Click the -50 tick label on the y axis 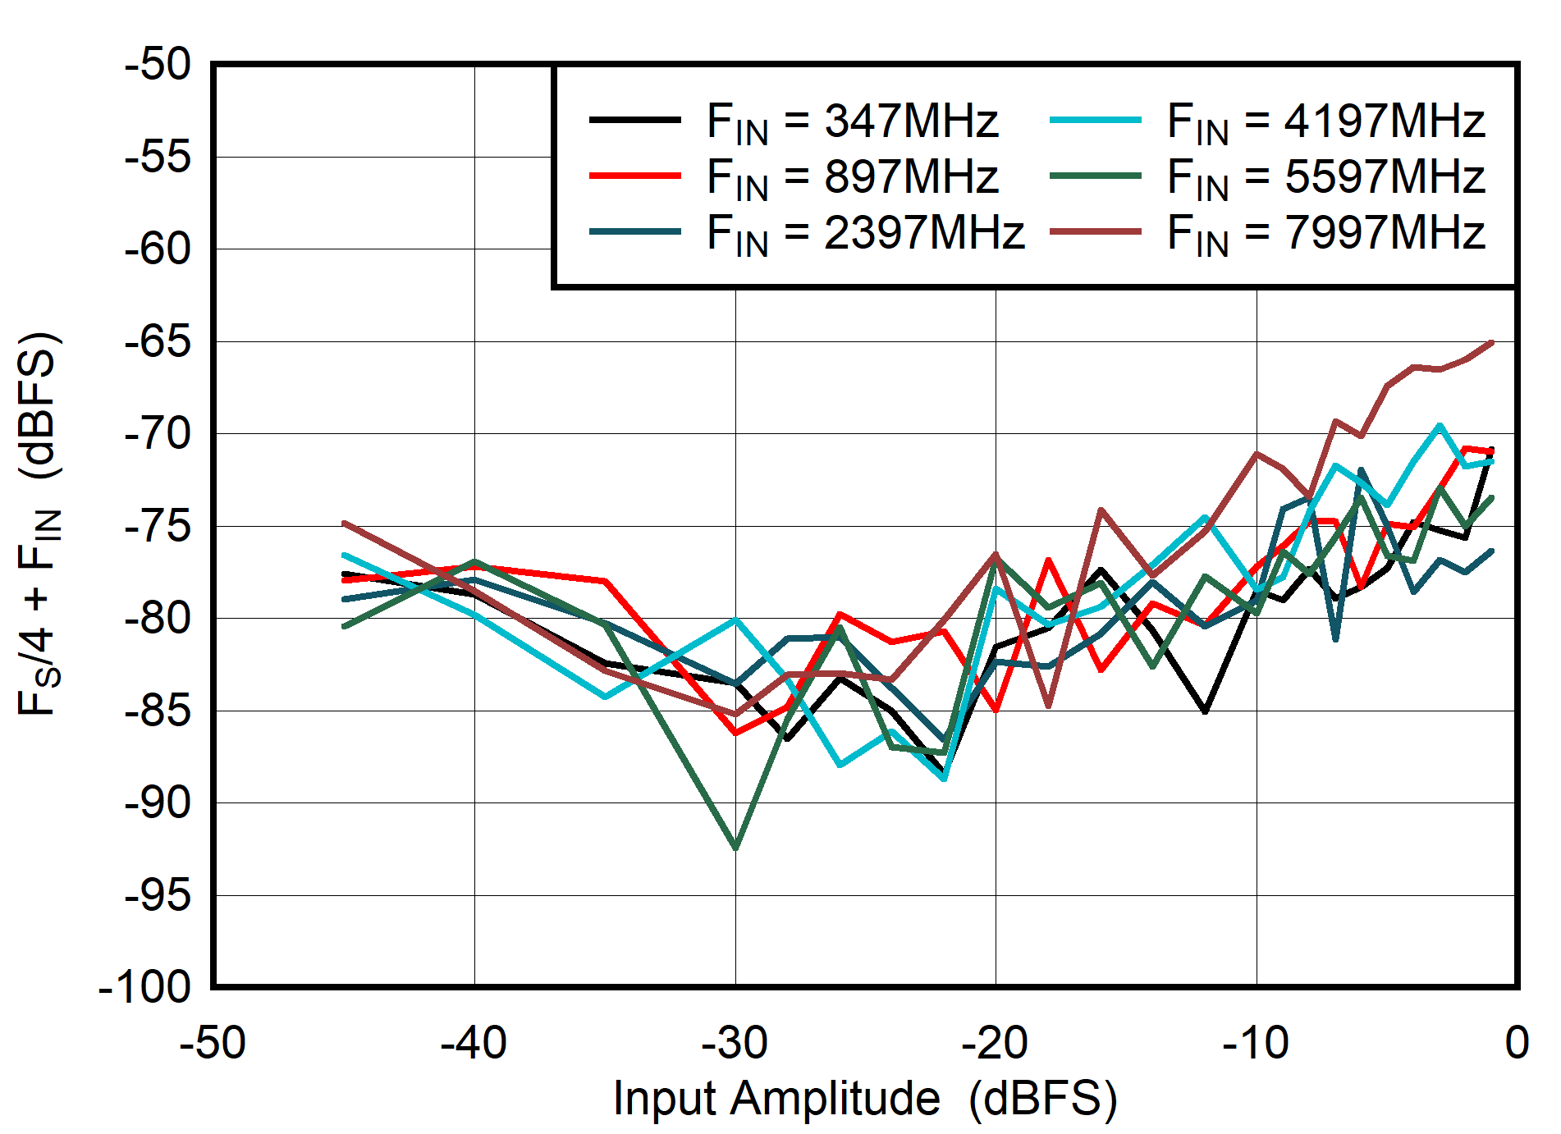[158, 64]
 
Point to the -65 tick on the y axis [158, 341]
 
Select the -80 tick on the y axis [158, 618]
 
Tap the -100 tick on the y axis [145, 987]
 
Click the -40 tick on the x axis [474, 1044]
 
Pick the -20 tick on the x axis [995, 1044]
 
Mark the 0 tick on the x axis [1517, 1044]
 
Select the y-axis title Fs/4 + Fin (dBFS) [39, 525]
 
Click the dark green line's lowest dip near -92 [735, 848]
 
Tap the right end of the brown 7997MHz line [1491, 342]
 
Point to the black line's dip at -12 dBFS [1205, 711]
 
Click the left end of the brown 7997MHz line [345, 523]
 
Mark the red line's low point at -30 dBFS [735, 733]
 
